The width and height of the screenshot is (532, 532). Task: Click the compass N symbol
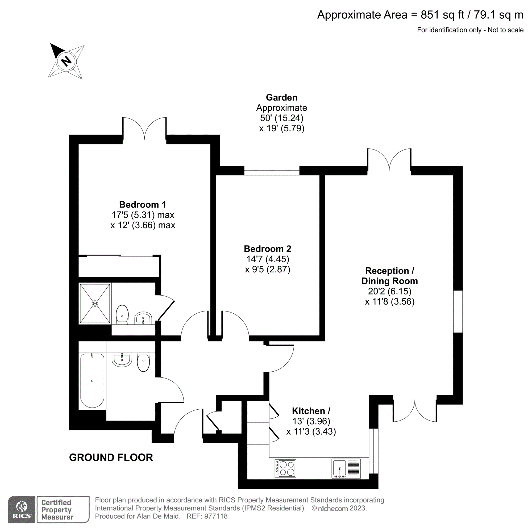click(x=66, y=61)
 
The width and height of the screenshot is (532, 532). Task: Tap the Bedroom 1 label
click(x=142, y=205)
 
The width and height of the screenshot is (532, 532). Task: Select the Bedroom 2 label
click(x=267, y=249)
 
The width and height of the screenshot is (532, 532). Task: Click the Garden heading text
click(x=281, y=97)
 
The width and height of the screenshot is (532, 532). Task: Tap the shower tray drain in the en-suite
click(x=95, y=304)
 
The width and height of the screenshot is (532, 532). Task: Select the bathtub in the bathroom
click(x=92, y=381)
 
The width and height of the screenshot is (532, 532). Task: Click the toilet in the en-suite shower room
click(x=122, y=314)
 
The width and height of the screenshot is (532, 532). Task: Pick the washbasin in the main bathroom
click(x=122, y=359)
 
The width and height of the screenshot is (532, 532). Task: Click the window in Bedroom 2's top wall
click(x=272, y=171)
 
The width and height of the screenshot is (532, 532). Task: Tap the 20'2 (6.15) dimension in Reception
click(x=389, y=291)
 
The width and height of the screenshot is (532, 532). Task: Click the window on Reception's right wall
click(x=458, y=311)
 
